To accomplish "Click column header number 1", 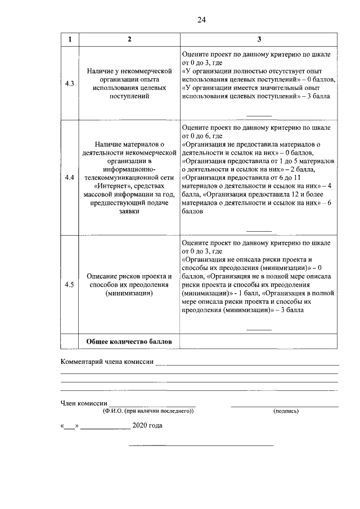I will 70,39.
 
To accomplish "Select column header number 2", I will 129,39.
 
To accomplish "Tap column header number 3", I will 259,39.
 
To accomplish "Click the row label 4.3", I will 70,84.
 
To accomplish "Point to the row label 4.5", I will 70,285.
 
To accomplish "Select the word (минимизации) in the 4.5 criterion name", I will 129,293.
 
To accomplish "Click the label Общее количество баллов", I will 129,342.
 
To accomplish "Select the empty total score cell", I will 259,342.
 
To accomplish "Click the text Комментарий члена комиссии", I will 107,362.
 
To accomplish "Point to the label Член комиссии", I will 83,403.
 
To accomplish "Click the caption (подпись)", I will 286,411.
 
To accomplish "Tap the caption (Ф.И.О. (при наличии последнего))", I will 148,411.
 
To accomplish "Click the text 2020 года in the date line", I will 147,426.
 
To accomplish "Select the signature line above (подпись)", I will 285,406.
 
